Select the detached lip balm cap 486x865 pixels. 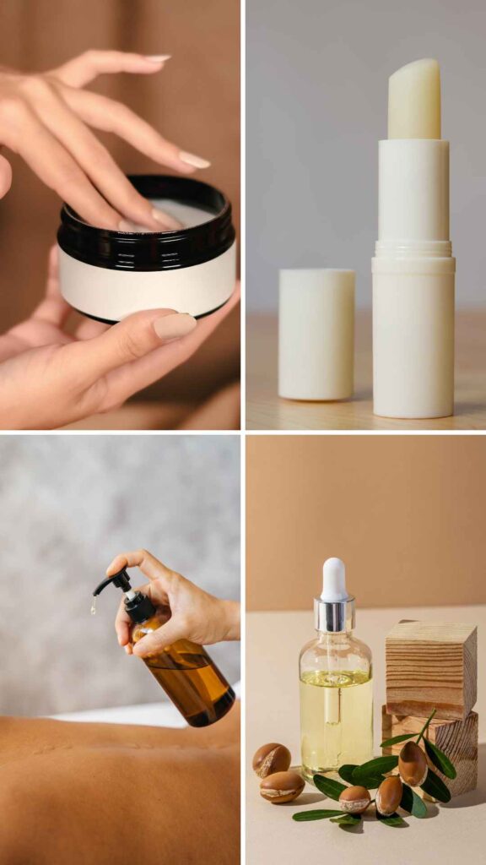[316, 333]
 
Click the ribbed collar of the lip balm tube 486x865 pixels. [413, 251]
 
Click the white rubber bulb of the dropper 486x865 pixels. [335, 579]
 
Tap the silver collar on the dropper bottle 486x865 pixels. [335, 616]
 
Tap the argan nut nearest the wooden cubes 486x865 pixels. [413, 763]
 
